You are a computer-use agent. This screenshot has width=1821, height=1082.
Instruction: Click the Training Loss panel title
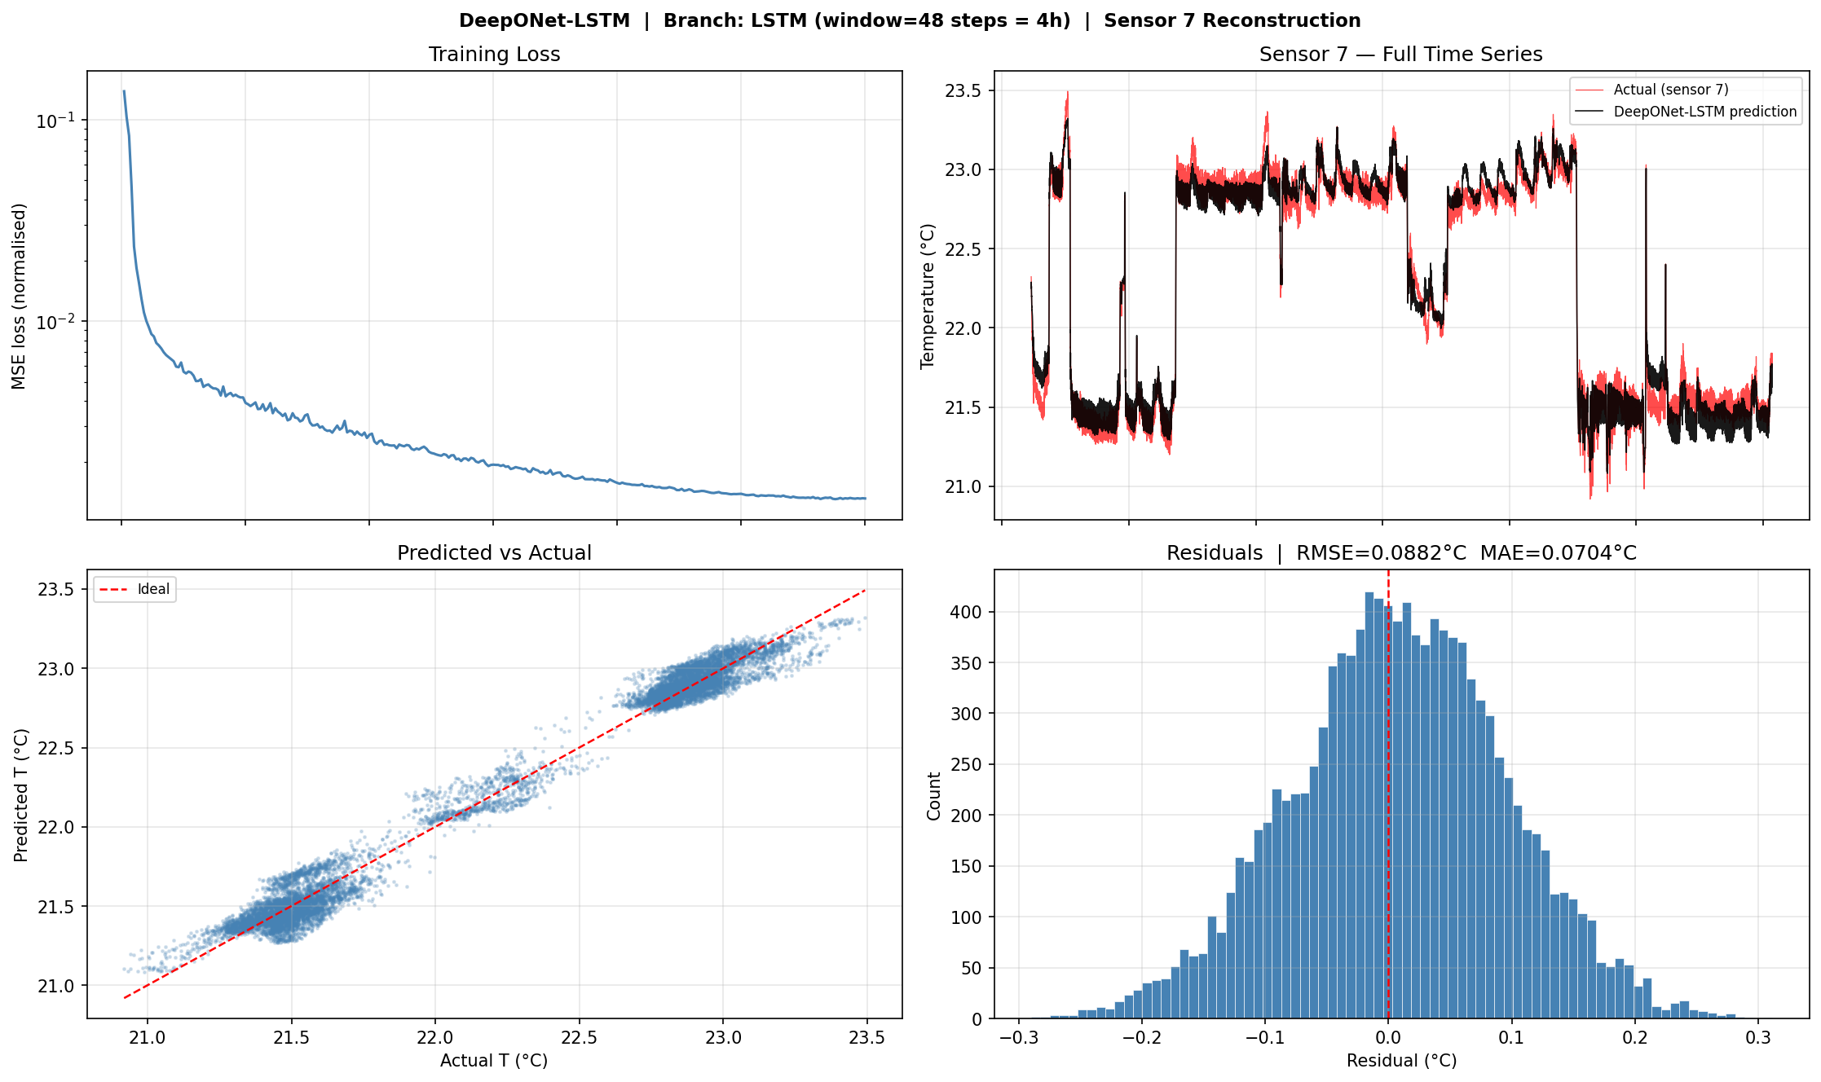[x=494, y=55]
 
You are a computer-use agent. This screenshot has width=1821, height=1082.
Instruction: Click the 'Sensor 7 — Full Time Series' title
[x=1400, y=55]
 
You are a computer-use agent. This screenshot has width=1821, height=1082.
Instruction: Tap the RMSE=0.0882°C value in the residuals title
[x=1381, y=553]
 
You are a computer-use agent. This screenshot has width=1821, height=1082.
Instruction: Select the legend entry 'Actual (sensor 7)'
[x=1670, y=90]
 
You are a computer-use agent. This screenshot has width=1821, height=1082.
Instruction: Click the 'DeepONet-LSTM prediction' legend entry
[x=1704, y=112]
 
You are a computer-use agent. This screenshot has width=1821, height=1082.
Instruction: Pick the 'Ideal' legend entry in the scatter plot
[x=153, y=589]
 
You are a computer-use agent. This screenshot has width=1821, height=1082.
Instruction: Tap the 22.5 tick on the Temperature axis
[x=963, y=249]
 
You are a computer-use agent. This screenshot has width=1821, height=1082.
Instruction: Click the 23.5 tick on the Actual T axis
[x=866, y=1038]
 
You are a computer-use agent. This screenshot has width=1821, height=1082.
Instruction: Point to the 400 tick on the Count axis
[x=966, y=612]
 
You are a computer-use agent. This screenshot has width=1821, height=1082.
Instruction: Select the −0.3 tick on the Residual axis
[x=1018, y=1038]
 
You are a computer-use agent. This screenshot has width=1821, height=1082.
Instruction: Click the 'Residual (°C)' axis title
[x=1401, y=1061]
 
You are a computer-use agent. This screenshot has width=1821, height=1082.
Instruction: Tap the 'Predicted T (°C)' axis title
[x=21, y=794]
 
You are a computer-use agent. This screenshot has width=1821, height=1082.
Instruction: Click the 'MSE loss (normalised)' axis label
[x=20, y=296]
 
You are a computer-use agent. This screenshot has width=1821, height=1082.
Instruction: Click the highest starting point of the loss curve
[x=124, y=91]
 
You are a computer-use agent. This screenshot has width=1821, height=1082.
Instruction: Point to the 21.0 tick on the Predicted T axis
[x=55, y=986]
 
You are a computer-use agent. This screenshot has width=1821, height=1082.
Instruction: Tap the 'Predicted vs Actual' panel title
[x=494, y=553]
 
